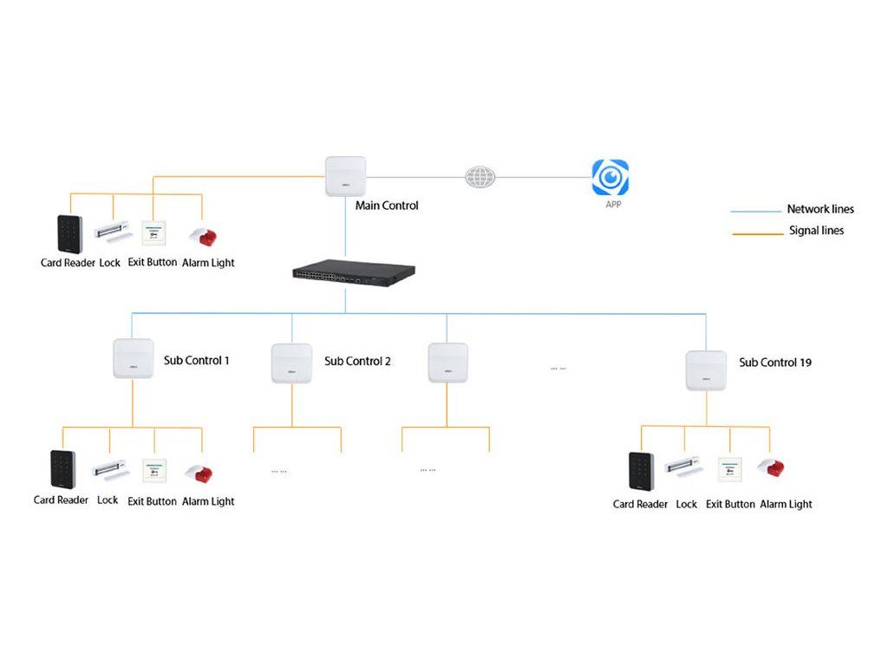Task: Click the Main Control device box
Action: pyautogui.click(x=345, y=176)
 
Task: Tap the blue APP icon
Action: pyautogui.click(x=610, y=178)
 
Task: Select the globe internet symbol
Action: pyautogui.click(x=480, y=177)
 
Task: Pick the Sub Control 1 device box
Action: pyautogui.click(x=133, y=359)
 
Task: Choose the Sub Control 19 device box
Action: pyautogui.click(x=706, y=370)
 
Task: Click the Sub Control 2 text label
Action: pyautogui.click(x=357, y=361)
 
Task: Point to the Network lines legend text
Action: pyautogui.click(x=819, y=209)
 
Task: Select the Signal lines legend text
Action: pyautogui.click(x=816, y=231)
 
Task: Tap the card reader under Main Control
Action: pyautogui.click(x=69, y=234)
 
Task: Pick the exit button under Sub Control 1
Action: pyautogui.click(x=154, y=472)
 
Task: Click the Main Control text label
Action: pyautogui.click(x=387, y=206)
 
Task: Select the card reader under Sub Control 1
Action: pyautogui.click(x=62, y=470)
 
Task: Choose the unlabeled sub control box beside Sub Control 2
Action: pyautogui.click(x=447, y=363)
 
